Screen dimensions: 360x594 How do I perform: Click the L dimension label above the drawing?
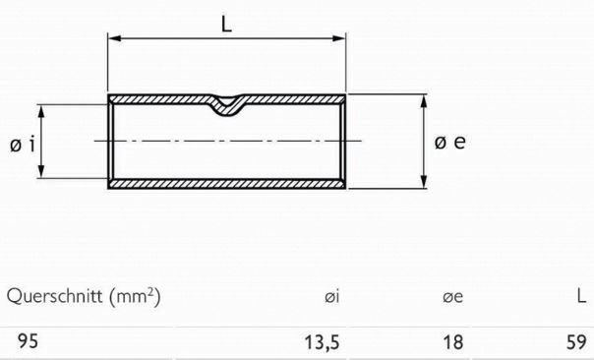point(227,24)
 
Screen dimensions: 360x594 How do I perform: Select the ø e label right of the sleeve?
point(450,143)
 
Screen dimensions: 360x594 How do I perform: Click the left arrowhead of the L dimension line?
point(112,40)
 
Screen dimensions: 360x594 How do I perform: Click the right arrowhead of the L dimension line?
point(342,40)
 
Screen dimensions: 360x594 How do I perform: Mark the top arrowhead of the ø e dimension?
point(424,101)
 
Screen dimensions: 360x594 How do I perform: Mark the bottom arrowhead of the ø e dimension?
point(424,183)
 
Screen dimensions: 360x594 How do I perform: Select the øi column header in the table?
point(331,296)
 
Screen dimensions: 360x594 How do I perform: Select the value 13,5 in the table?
point(320,342)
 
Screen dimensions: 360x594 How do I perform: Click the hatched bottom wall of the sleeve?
point(227,185)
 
